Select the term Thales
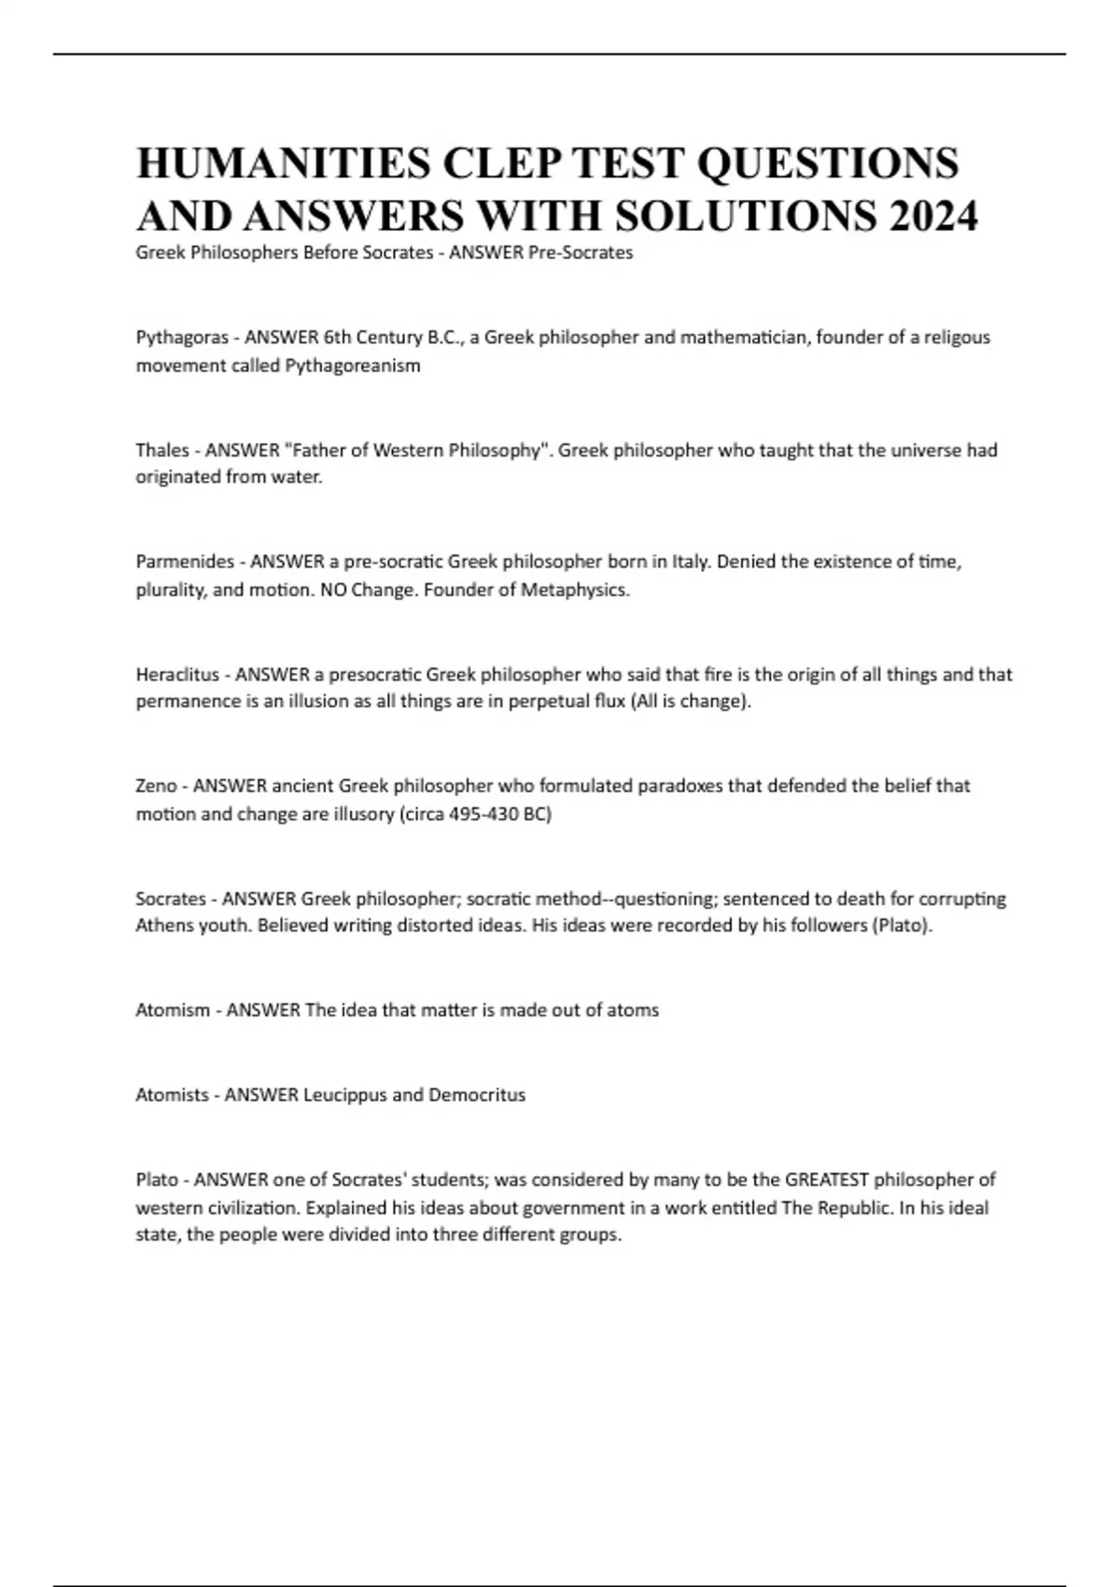coord(162,450)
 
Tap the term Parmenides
coord(185,561)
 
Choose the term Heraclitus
coord(177,674)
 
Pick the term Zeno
coord(156,786)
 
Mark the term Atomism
coord(173,1010)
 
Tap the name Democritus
coord(477,1094)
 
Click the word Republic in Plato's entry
coord(855,1207)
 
